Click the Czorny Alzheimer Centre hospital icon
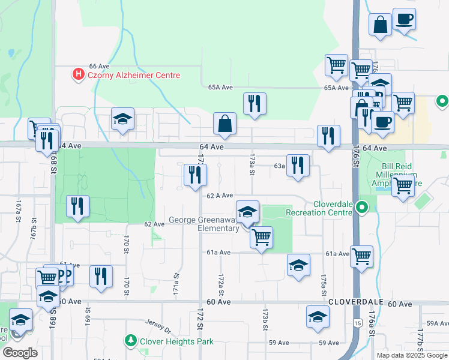77,76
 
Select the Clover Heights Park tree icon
130,341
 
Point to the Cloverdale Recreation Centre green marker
361,208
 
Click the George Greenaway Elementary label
203,224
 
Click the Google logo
20,353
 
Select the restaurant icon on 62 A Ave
195,175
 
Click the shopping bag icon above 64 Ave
224,124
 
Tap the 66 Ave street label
99,66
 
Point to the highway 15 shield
358,323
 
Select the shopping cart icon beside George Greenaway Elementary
261,237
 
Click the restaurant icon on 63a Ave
298,165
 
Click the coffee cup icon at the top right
404,19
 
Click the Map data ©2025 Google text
411,355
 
